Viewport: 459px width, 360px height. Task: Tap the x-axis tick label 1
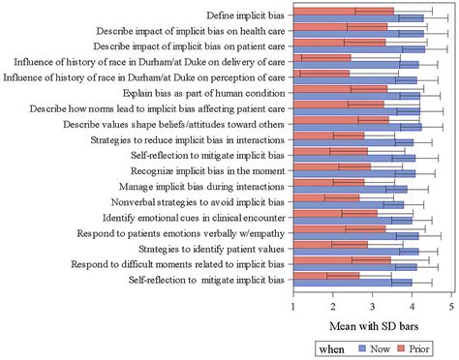click(x=293, y=307)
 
